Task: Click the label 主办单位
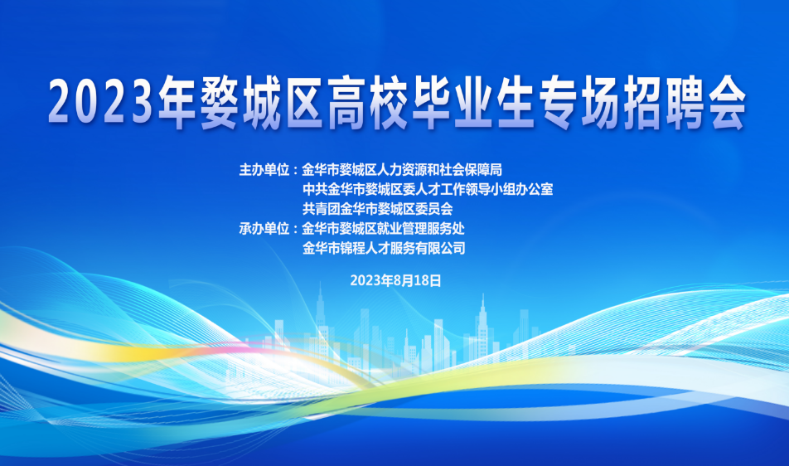coord(264,170)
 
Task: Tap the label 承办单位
coord(264,229)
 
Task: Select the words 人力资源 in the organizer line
coord(403,170)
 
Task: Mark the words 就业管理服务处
coord(421,229)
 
